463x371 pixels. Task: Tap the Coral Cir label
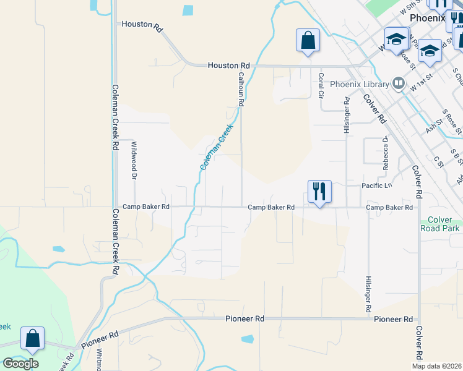click(321, 86)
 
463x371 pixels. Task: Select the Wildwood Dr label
click(134, 160)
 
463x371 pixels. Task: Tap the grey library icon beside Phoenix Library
click(399, 83)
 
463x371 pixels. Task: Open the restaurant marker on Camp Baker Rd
click(319, 192)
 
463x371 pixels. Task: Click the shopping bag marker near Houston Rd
click(308, 41)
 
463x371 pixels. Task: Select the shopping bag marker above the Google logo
click(32, 339)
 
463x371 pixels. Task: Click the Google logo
click(20, 364)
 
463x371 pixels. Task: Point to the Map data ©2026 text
click(436, 366)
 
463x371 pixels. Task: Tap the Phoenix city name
click(427, 18)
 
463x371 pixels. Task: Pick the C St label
click(439, 161)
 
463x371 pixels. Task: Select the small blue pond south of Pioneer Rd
click(248, 339)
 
